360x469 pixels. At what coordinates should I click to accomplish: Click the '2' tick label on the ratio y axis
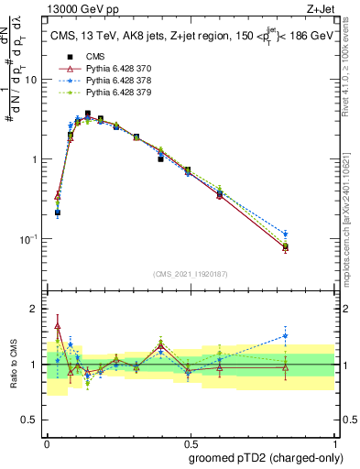[34, 309]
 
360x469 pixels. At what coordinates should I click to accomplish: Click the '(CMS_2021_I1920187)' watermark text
[190, 274]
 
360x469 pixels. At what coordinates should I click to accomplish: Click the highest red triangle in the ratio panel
[58, 325]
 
